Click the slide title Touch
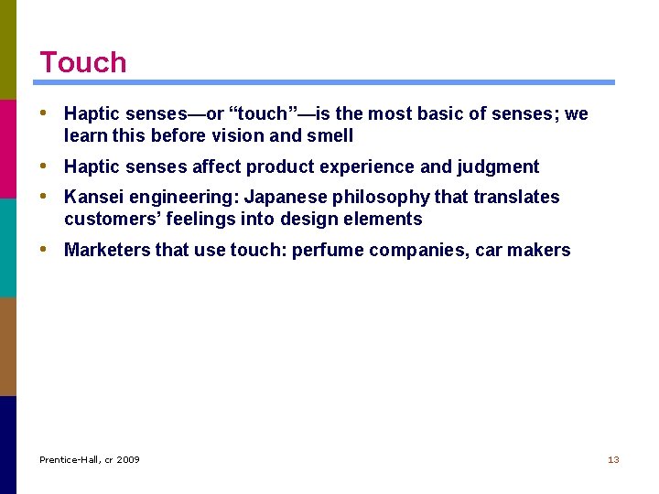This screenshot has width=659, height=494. tap(82, 62)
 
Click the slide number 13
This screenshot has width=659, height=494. tap(613, 459)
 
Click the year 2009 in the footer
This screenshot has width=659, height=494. tap(128, 459)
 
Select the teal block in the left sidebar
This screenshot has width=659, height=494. tap(8, 247)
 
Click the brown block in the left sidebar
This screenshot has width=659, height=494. tap(8, 346)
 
